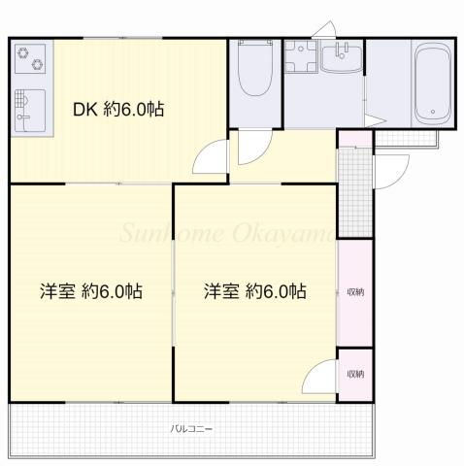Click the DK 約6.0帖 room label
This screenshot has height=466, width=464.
point(117,111)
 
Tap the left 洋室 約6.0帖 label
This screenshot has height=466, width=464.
point(91,291)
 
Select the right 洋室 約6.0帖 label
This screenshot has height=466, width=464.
point(255,291)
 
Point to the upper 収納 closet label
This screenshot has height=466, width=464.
point(355,291)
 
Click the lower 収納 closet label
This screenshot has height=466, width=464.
point(355,374)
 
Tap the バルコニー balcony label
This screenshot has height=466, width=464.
point(192,429)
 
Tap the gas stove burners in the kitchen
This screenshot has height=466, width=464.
point(30,57)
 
